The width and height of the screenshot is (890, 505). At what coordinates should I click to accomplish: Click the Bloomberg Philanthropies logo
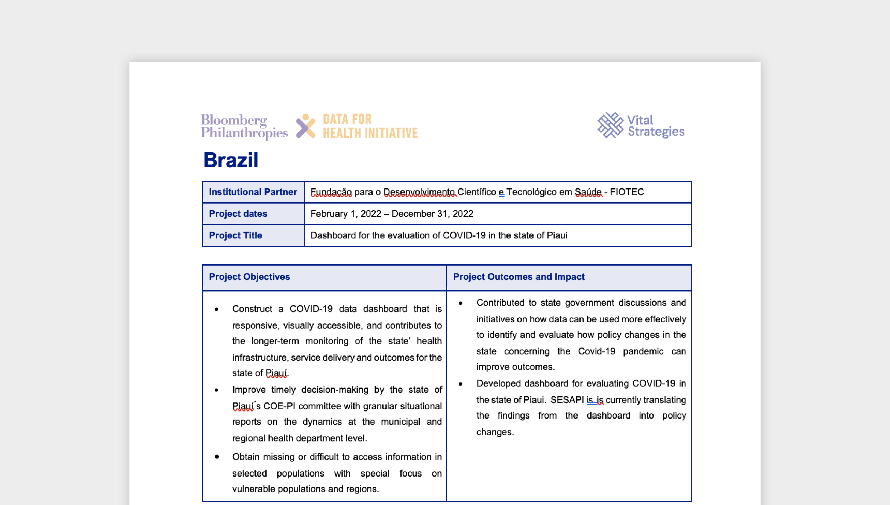tap(244, 126)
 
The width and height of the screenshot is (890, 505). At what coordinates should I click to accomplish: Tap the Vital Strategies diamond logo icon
tap(610, 125)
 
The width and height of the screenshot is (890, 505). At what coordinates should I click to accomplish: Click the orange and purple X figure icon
tap(305, 126)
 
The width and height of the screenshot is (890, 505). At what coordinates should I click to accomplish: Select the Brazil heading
tap(231, 160)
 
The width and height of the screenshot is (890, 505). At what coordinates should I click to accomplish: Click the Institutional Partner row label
tap(253, 192)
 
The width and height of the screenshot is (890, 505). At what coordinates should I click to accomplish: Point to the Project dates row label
tap(238, 214)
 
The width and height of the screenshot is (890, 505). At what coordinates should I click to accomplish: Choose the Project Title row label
tap(235, 235)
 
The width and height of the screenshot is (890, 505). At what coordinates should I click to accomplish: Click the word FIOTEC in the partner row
tap(626, 192)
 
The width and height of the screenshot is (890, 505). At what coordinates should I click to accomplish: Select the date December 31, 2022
tap(432, 214)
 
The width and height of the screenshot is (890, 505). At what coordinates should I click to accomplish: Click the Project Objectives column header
tap(249, 277)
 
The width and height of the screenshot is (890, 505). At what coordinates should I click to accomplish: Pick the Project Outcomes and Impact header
tap(519, 277)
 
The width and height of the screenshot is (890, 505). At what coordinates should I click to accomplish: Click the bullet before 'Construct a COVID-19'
tap(216, 309)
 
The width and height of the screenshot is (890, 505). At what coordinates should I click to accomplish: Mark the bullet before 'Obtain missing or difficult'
tap(217, 457)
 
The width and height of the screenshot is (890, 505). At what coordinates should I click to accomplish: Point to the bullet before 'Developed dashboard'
tap(461, 384)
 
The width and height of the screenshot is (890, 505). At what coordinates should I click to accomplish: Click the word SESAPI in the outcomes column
tap(567, 400)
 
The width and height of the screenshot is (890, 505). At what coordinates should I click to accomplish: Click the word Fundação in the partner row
tap(331, 192)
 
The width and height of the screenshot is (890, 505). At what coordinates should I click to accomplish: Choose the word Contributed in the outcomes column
tap(500, 302)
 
